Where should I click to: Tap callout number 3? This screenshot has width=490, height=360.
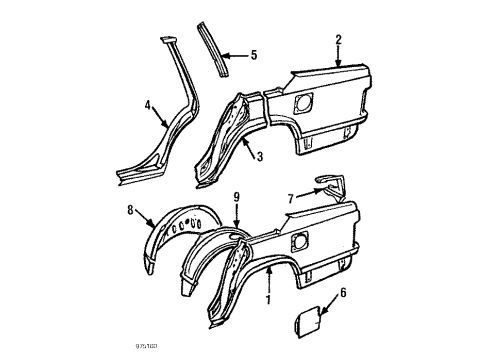click(258, 155)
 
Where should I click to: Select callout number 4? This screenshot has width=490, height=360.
click(148, 103)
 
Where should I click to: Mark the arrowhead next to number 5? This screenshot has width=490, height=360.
click(233, 55)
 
